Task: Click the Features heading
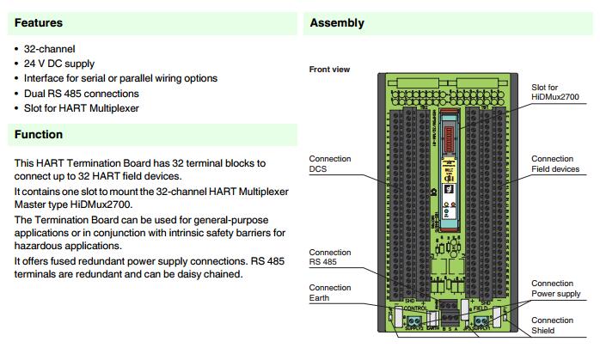coord(38,23)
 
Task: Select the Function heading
coord(38,135)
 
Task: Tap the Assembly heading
coord(336,23)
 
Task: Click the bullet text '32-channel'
coord(49,49)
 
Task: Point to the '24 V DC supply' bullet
coord(59,64)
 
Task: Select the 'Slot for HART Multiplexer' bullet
coord(81,107)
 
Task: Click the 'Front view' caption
coord(329,70)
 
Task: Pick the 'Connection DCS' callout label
coord(329,164)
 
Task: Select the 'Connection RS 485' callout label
coord(329,258)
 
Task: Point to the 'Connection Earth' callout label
coord(329,293)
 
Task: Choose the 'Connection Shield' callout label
coord(552,325)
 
